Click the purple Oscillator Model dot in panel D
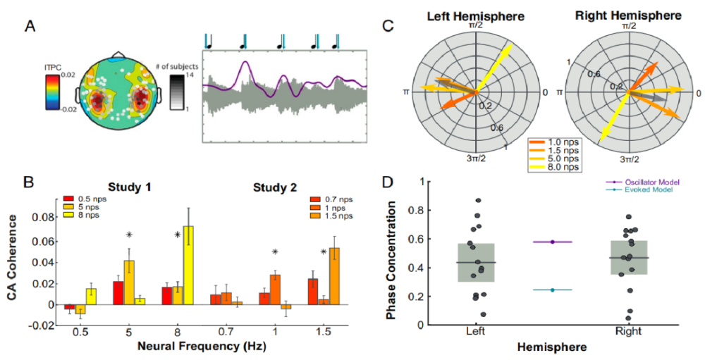(553, 242)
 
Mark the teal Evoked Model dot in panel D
(553, 290)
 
